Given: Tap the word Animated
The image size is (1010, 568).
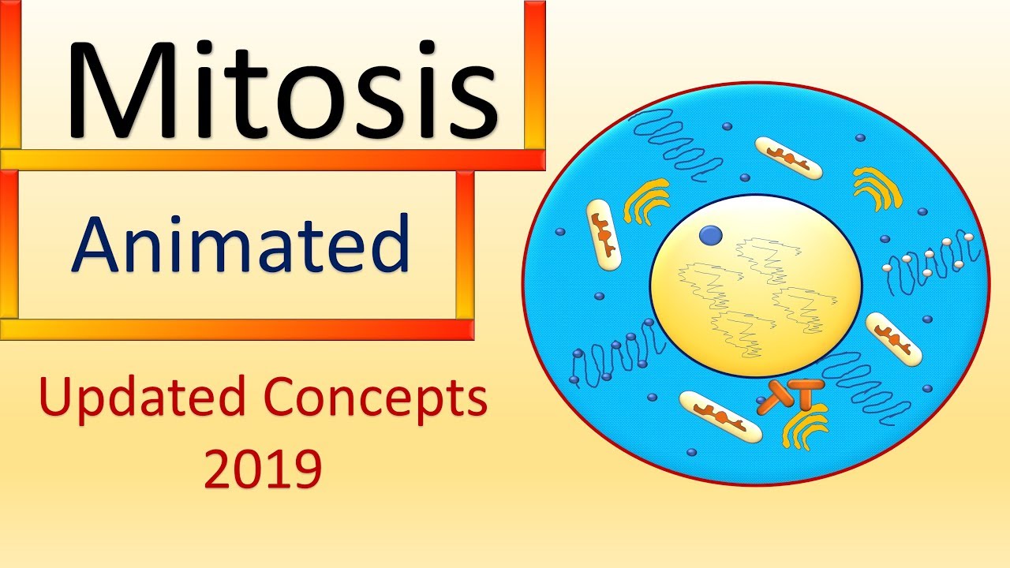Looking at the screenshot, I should (241, 243).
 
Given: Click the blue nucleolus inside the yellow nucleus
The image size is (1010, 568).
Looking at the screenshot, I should (711, 234).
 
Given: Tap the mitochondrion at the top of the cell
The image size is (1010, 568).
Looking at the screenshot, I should (788, 158).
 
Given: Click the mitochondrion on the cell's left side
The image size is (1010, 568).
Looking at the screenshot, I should (604, 232).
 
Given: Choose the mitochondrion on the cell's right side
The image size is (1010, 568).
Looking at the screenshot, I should (893, 338).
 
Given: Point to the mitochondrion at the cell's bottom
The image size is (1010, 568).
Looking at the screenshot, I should (721, 415).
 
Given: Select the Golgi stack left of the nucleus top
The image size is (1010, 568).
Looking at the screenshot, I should (646, 200).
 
